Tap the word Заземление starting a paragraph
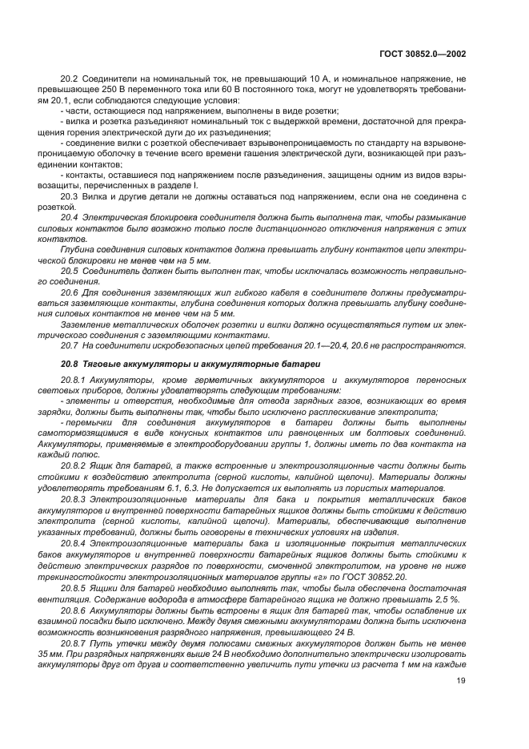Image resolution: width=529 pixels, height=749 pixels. coord(86,324)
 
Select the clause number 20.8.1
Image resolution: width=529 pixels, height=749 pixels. coord(74,381)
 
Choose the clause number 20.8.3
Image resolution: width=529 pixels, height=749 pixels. coord(74,498)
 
